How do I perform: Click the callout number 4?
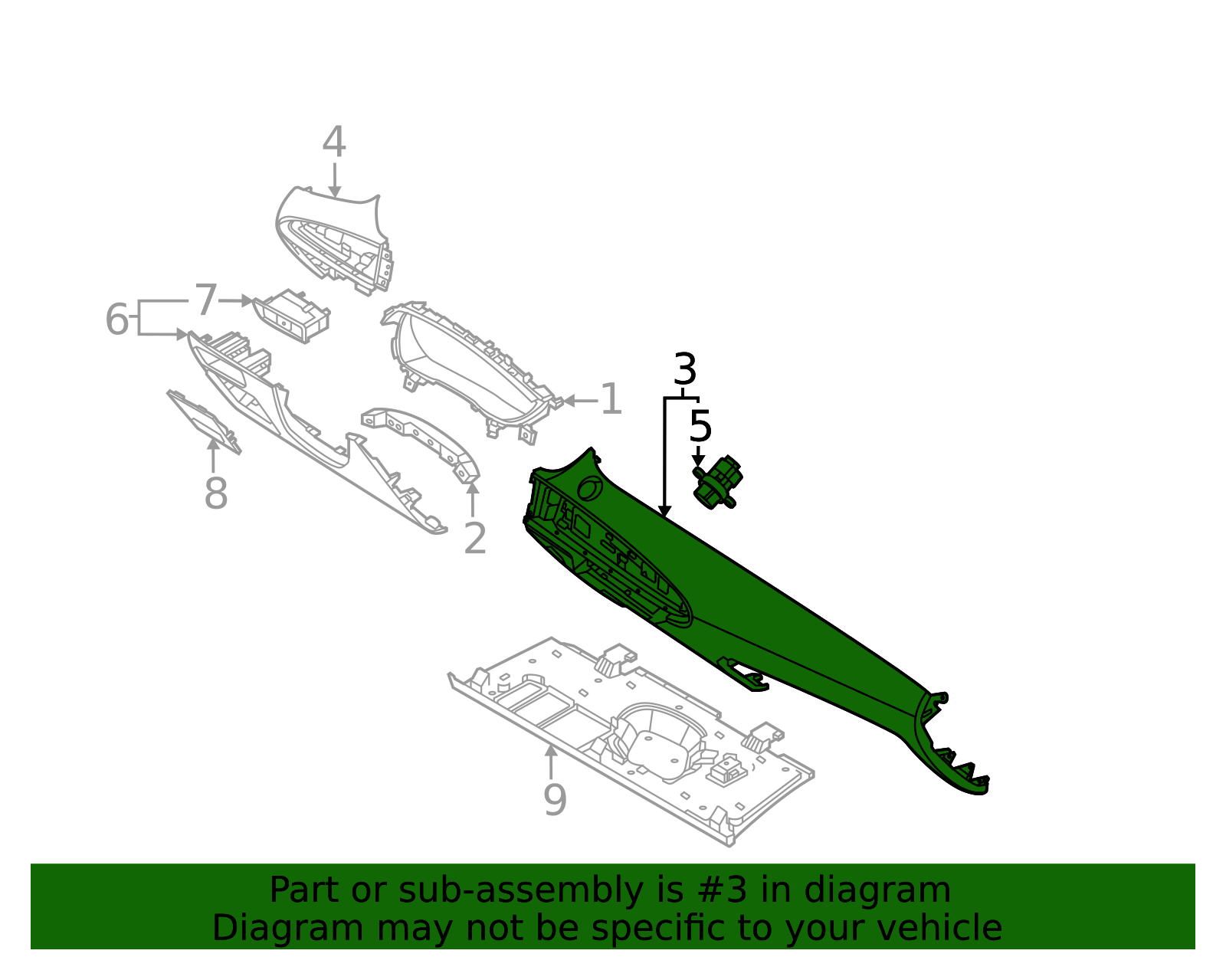[x=333, y=143]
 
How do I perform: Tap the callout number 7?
[x=206, y=300]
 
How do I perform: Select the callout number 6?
[x=116, y=320]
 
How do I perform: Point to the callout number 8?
[x=215, y=493]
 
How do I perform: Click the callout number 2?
[x=475, y=539]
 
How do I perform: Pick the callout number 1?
[x=610, y=400]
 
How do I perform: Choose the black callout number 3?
[x=684, y=370]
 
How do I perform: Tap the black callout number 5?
[x=700, y=426]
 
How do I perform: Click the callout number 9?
[x=554, y=800]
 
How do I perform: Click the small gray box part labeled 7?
[x=291, y=316]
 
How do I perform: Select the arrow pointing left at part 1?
[x=576, y=400]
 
